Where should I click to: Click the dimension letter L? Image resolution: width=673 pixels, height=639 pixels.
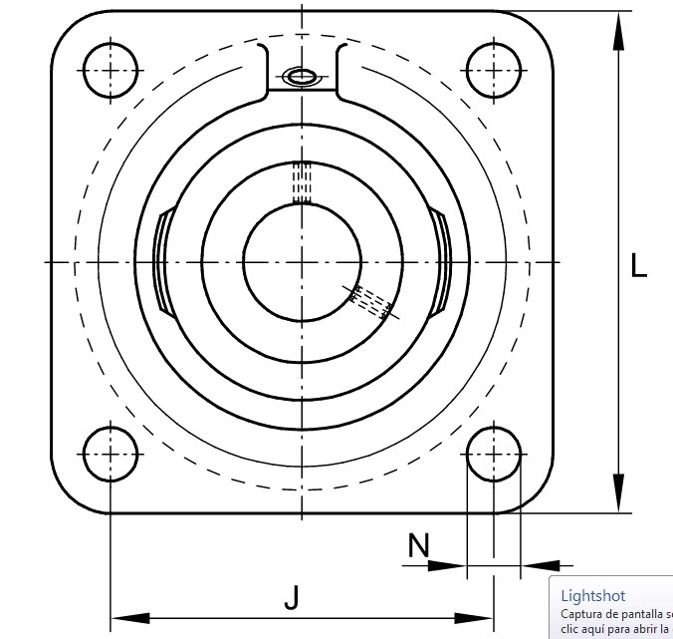[639, 265]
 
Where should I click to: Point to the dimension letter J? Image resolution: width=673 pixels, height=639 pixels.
[292, 597]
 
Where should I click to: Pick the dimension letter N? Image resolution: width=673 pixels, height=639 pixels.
[418, 545]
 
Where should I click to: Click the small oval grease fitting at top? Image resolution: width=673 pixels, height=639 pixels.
[302, 78]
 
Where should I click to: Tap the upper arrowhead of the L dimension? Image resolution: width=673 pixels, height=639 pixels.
[618, 31]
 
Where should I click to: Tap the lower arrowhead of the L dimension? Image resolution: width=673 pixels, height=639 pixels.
[618, 492]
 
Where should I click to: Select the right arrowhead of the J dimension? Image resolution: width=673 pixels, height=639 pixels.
[474, 618]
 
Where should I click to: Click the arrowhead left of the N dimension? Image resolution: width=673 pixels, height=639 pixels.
[447, 566]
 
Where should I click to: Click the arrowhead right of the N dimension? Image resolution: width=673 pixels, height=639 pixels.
[541, 566]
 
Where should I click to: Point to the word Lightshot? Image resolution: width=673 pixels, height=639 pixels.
[593, 596]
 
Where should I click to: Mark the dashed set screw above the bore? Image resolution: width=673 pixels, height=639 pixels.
[303, 182]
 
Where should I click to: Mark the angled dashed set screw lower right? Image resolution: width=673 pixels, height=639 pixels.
[370, 302]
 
